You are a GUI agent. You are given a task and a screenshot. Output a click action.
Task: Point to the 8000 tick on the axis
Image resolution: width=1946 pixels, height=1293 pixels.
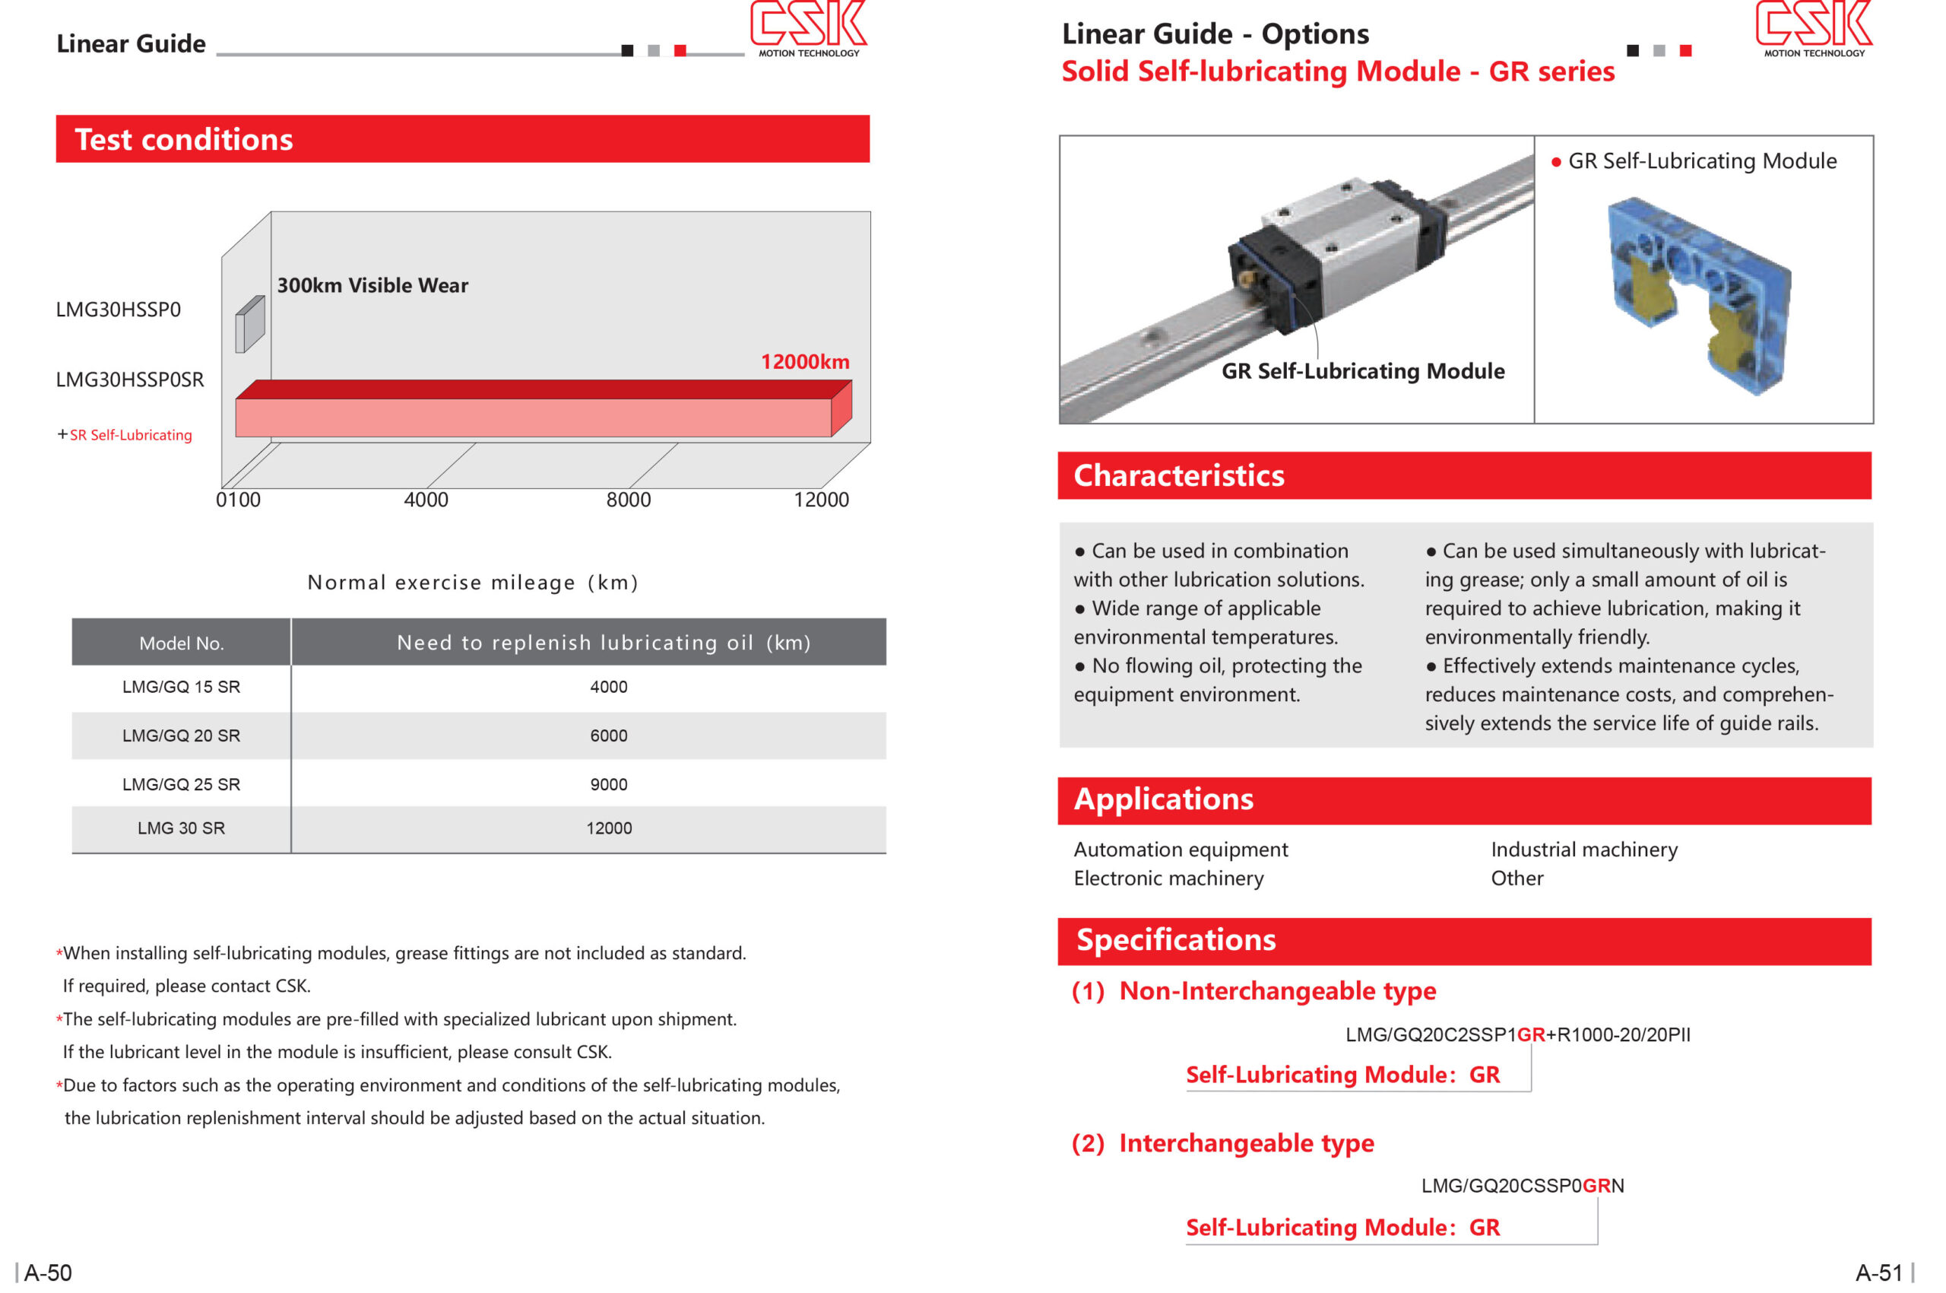click(x=628, y=500)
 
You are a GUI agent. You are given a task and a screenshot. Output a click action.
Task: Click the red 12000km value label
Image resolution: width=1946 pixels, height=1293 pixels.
click(x=804, y=362)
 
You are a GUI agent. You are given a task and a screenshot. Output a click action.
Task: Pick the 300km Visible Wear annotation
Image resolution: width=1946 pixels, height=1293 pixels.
click(x=372, y=285)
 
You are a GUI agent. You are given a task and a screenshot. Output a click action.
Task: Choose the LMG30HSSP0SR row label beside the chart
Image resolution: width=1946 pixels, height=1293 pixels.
click(x=129, y=380)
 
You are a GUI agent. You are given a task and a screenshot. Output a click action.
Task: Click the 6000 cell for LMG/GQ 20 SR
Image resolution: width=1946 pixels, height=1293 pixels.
click(x=608, y=735)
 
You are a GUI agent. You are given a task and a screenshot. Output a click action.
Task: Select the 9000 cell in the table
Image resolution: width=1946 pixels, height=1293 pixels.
click(x=608, y=784)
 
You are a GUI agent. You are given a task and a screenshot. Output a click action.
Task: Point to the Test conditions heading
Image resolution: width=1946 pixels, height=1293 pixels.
click(x=184, y=139)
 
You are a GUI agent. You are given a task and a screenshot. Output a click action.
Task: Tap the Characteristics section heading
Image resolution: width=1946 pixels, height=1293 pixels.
click(x=1179, y=476)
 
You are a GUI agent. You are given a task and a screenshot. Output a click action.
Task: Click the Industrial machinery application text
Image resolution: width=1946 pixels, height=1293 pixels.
click(x=1583, y=850)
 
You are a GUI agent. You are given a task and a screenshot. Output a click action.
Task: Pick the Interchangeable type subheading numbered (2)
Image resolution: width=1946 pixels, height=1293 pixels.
click(x=1222, y=1143)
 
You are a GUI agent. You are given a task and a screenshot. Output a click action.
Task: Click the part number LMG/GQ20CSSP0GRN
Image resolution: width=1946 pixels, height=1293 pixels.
click(x=1522, y=1186)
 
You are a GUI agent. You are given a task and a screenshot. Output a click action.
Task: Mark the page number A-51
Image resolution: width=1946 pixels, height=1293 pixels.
click(x=1878, y=1272)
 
